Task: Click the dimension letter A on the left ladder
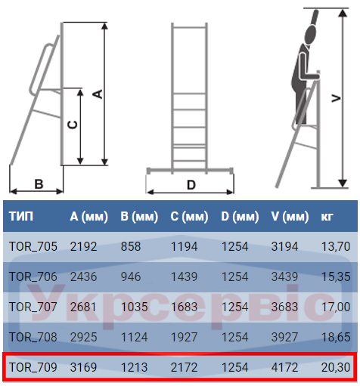98,94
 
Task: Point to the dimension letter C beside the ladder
73,125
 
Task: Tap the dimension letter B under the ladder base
39,184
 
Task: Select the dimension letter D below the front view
191,185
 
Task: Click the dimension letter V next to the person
336,98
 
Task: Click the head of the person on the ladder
310,35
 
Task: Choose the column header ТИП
21,216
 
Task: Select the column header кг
327,217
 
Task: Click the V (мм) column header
290,217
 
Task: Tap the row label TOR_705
33,246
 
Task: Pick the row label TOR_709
33,367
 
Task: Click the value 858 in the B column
131,246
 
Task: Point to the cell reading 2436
83,276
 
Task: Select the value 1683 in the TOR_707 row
184,307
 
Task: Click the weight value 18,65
336,337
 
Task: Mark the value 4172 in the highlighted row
284,367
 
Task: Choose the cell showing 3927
284,337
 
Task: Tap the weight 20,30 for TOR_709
336,367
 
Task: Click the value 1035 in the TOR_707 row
134,307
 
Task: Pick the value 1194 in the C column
184,246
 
